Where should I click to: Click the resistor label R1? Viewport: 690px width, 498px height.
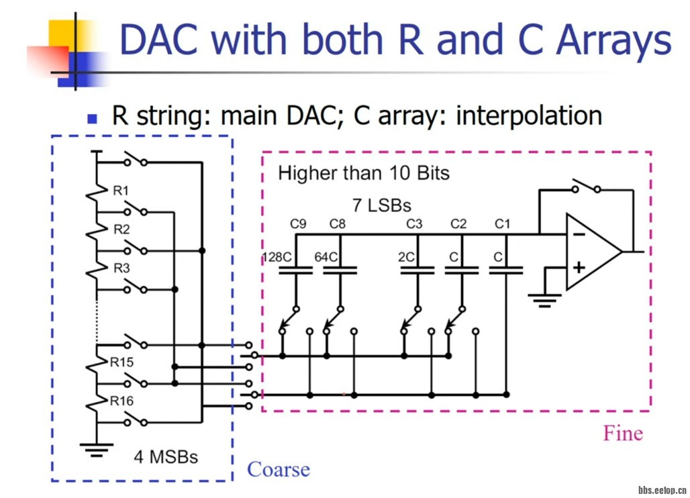coord(121,191)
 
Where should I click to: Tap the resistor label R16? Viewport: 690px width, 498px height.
coord(123,401)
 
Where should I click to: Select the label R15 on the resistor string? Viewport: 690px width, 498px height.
coord(123,362)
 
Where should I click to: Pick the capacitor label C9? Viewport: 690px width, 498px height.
coord(298,224)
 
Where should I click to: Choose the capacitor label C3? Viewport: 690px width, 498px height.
coord(414,224)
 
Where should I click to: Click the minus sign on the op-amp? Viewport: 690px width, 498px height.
coord(578,235)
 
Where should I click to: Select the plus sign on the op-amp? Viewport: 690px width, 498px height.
coord(578,268)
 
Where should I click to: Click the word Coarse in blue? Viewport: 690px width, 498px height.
coord(279,469)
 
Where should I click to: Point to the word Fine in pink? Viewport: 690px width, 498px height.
coord(622,433)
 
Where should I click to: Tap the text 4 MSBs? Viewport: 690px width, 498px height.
coord(166,458)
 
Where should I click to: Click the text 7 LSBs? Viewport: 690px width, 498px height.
coord(381,204)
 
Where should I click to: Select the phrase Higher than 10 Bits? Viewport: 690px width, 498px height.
coord(363,173)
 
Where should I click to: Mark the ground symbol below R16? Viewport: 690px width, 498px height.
coord(97,448)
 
